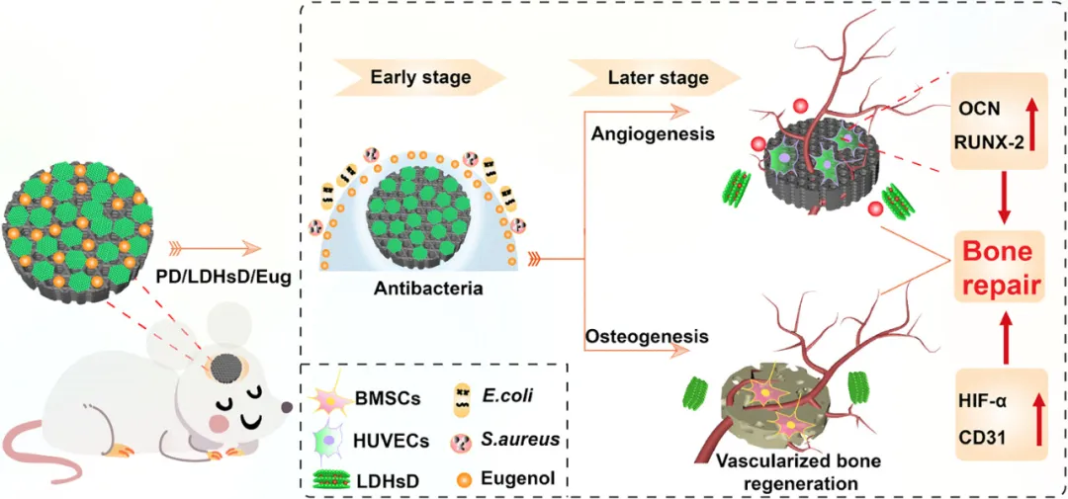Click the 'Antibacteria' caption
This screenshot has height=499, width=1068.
pos(415,289)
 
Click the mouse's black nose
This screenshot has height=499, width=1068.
pos(286,406)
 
